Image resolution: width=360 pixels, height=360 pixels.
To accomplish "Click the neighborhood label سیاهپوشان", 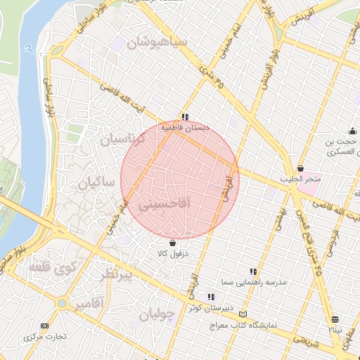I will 157,44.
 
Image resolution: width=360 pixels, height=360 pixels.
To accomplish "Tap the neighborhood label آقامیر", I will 91,303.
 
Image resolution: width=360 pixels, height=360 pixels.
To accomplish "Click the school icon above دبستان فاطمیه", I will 185,117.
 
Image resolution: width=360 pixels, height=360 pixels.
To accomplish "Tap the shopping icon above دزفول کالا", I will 173,243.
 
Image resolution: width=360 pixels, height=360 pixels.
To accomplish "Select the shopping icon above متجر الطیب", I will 301,169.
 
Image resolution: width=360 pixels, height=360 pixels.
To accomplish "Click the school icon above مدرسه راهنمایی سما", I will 253,271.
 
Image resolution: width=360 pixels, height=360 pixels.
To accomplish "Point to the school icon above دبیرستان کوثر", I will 210,297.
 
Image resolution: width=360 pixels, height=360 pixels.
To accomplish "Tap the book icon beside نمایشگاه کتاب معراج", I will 244,314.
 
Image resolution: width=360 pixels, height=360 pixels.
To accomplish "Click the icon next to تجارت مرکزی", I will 46,326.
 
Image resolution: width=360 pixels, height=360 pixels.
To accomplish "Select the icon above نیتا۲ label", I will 335,319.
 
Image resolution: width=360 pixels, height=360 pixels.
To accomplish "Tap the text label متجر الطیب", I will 301,180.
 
